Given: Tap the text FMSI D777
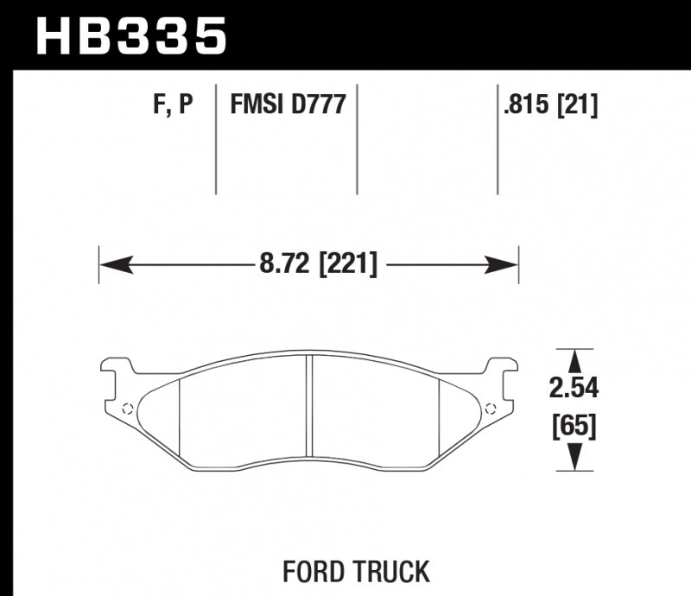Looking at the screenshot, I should coord(288,105).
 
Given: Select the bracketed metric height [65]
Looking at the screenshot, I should coord(574,426).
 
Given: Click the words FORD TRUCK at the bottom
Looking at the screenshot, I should coord(355,571).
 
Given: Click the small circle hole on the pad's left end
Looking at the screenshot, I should coord(127,409).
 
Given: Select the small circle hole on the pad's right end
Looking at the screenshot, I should coord(491,409).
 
